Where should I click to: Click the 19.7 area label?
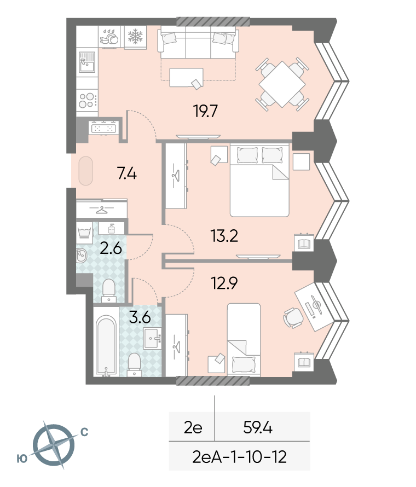click(205, 111)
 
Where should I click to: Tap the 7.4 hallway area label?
click(127, 173)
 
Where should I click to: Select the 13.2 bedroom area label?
click(224, 236)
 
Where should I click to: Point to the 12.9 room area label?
click(224, 283)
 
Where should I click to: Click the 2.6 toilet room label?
click(111, 248)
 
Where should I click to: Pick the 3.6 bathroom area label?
click(140, 317)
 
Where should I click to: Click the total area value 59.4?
click(258, 428)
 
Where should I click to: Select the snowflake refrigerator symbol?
click(135, 36)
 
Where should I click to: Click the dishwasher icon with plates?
click(109, 37)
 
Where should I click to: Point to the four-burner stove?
click(87, 100)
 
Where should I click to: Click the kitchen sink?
click(87, 62)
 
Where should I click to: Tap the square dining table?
click(282, 84)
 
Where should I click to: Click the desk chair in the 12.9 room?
click(293, 318)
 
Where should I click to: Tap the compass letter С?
click(84, 432)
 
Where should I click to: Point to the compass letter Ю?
click(22, 459)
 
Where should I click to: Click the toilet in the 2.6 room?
click(109, 291)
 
